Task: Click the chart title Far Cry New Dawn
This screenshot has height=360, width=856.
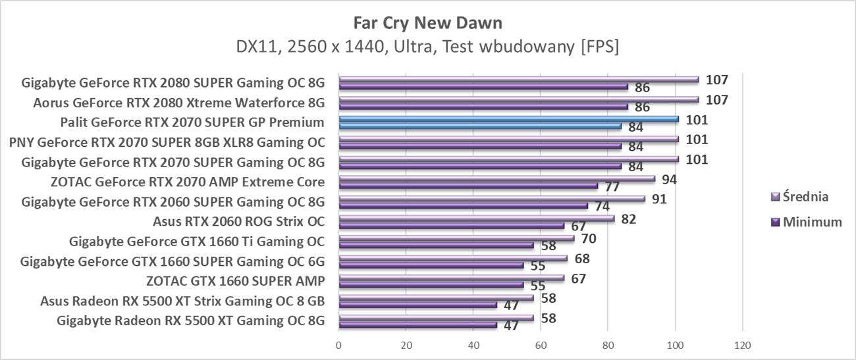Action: pyautogui.click(x=427, y=23)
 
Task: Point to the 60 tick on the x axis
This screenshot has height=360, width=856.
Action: pyautogui.click(x=541, y=345)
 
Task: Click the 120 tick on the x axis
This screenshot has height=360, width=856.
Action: pyautogui.click(x=742, y=345)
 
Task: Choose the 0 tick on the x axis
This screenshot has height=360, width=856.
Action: pyautogui.click(x=338, y=345)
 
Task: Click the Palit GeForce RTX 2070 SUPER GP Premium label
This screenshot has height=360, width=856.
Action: pyautogui.click(x=192, y=122)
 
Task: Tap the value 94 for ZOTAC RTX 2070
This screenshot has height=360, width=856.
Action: pyautogui.click(x=669, y=179)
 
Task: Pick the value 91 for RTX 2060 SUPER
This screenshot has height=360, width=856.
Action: pyautogui.click(x=659, y=199)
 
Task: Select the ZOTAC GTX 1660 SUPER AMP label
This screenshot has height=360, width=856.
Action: pyautogui.click(x=235, y=282)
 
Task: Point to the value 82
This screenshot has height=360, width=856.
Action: pyautogui.click(x=628, y=219)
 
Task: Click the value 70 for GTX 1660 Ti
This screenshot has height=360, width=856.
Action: pyautogui.click(x=589, y=238)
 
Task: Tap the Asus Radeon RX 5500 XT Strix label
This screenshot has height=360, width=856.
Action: pyautogui.click(x=182, y=302)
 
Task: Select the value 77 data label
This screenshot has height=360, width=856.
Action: pyautogui.click(x=612, y=186)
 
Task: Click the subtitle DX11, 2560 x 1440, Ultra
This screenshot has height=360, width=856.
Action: pyautogui.click(x=427, y=47)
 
